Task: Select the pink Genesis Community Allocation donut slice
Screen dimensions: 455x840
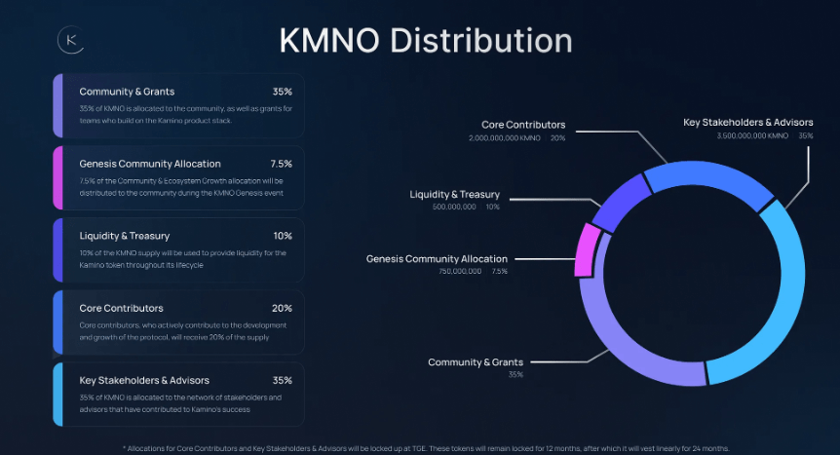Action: coord(587,250)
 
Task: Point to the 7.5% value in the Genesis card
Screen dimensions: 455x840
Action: coord(281,164)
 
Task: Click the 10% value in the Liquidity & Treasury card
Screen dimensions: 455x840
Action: coord(283,236)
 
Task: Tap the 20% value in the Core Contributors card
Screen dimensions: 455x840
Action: coord(282,308)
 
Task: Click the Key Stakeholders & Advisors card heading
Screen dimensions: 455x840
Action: coord(144,380)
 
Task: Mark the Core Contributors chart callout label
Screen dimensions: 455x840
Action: coord(523,125)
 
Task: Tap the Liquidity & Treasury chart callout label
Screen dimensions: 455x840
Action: coord(455,195)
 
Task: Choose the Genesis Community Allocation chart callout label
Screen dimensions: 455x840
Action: coord(437,259)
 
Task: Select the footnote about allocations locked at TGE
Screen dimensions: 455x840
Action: coord(426,447)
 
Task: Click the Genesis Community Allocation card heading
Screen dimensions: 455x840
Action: coord(150,164)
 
